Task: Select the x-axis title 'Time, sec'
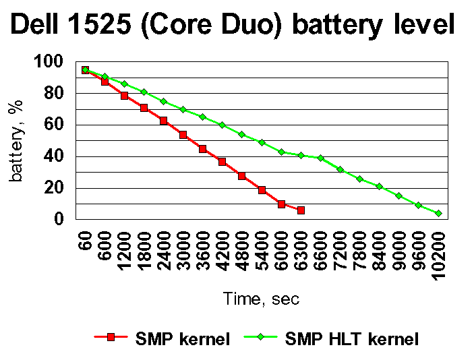(262, 299)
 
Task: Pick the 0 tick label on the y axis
(59, 219)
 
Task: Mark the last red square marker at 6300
(301, 210)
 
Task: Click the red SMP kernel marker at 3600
(203, 149)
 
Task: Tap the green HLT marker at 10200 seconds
(438, 213)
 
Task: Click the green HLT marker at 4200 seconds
(223, 125)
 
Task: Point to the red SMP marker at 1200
(125, 96)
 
